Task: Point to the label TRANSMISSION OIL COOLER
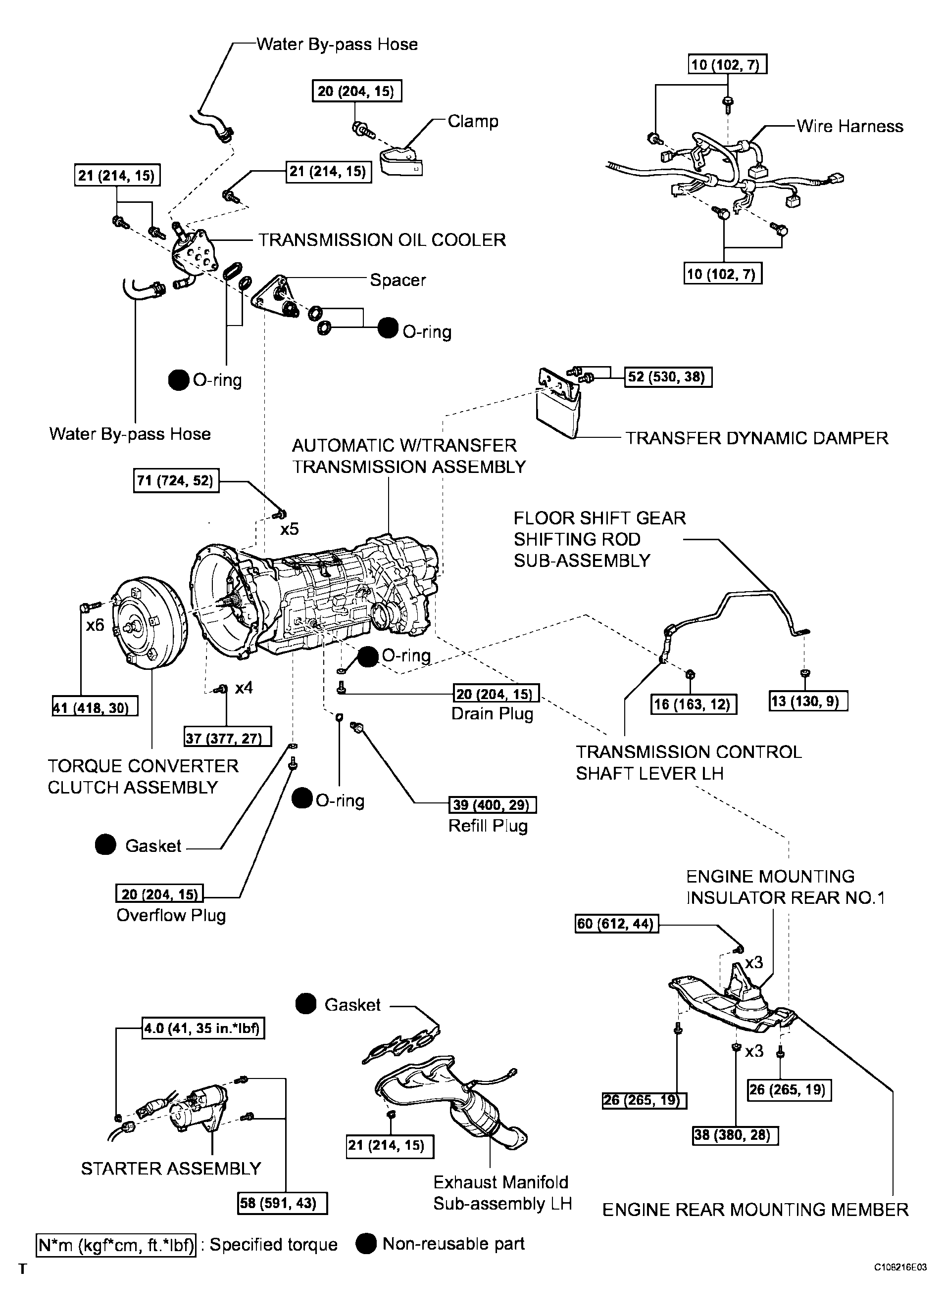click(382, 240)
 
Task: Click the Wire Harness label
click(849, 126)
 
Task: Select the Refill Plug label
click(488, 826)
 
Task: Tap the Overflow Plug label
click(171, 916)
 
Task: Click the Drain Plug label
click(492, 714)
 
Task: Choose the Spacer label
click(398, 280)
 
